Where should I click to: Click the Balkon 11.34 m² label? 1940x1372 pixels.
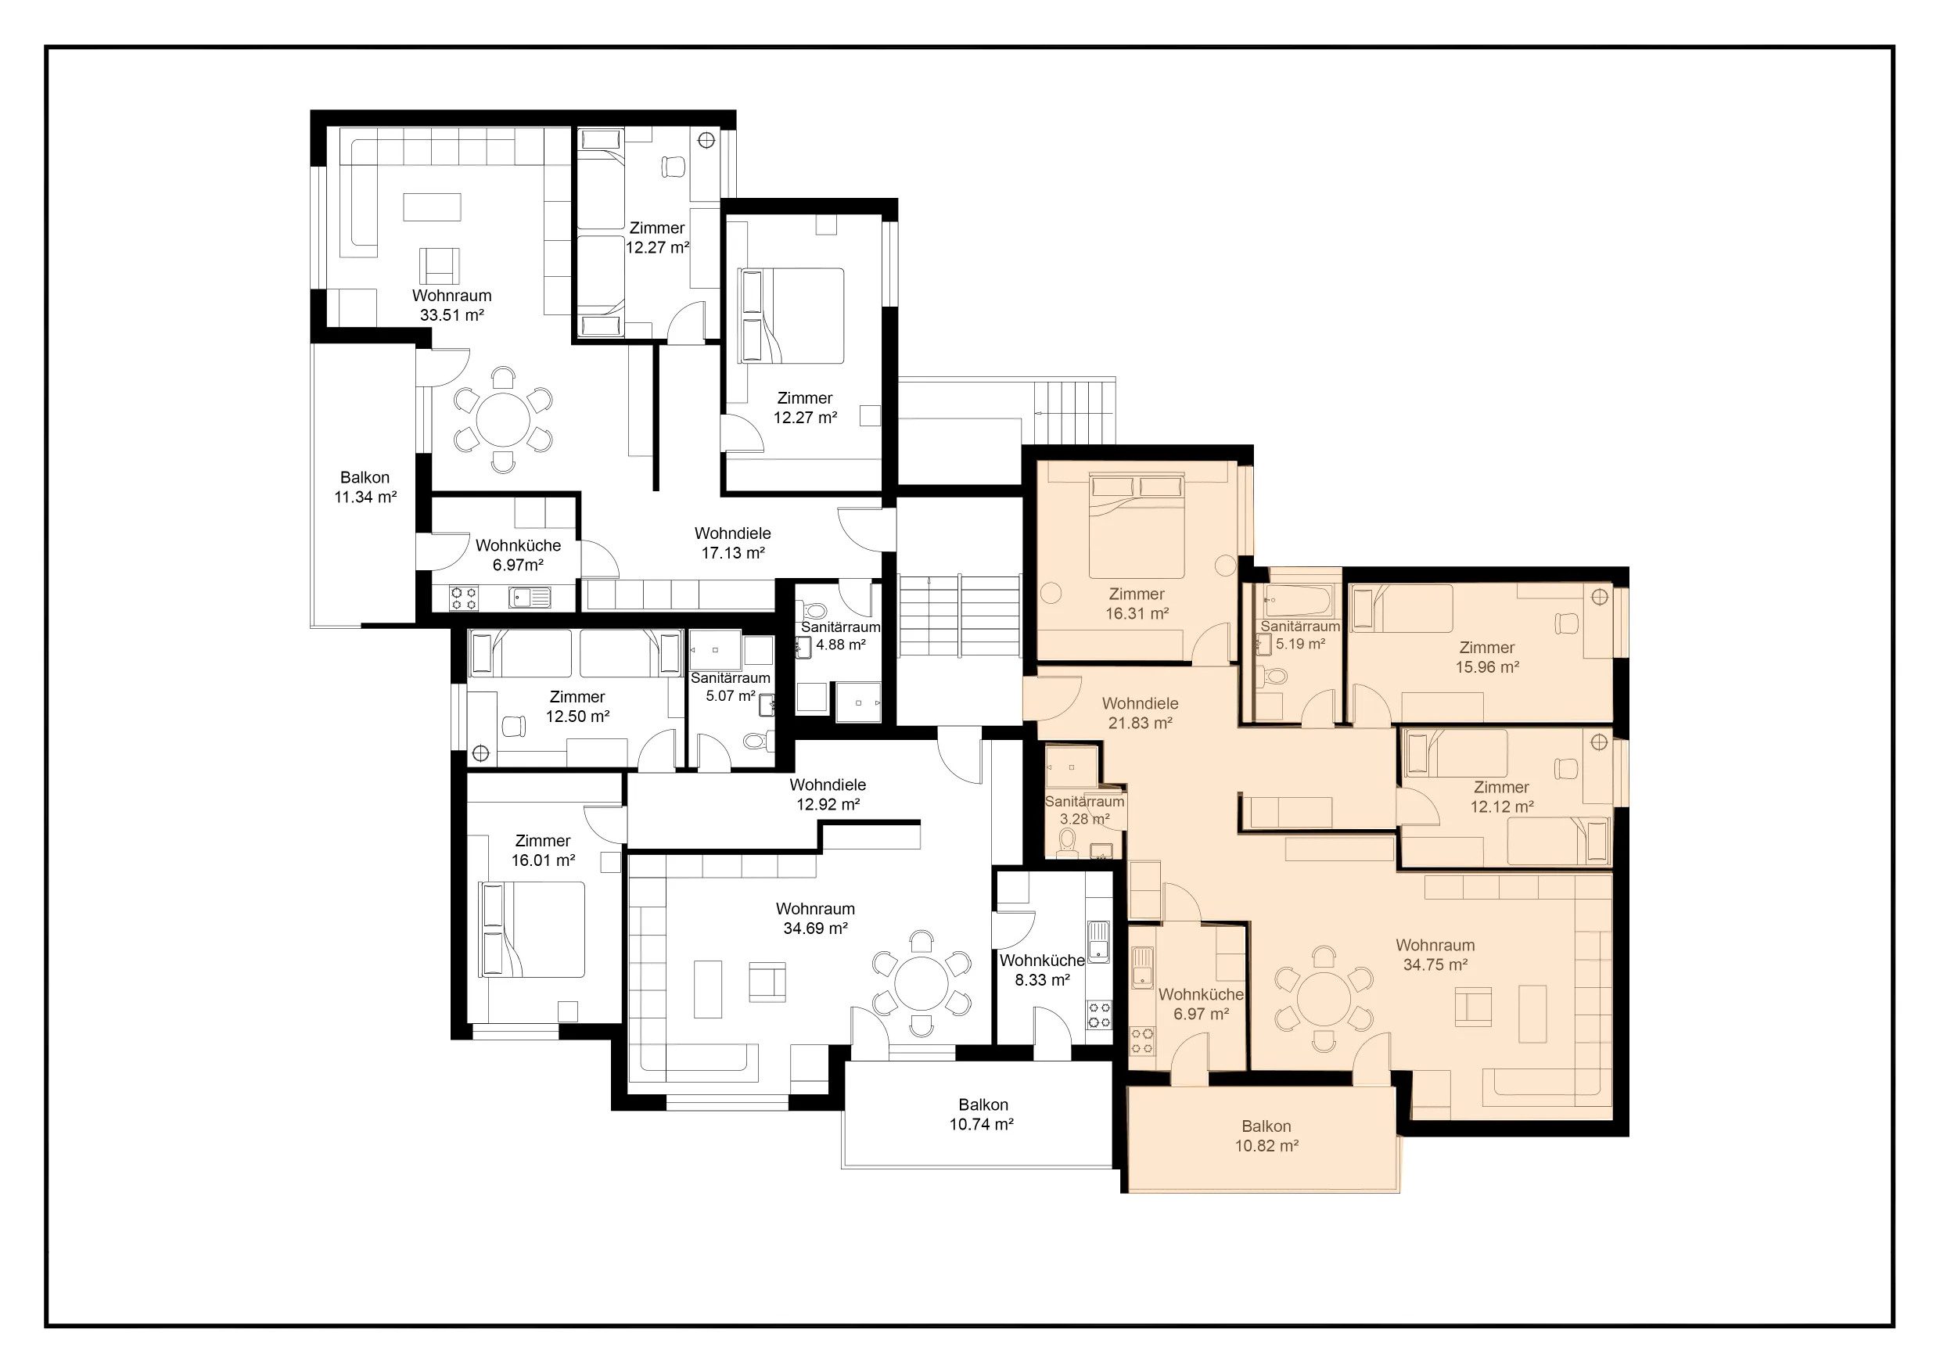click(365, 487)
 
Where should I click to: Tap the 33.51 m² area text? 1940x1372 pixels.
click(452, 315)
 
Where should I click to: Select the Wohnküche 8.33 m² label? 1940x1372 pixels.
click(1042, 970)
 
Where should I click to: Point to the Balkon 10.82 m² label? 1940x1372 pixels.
click(1266, 1137)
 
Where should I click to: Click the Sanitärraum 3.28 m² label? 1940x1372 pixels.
click(1085, 810)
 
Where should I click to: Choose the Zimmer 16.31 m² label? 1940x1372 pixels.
click(1137, 604)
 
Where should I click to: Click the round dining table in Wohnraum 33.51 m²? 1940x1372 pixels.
click(504, 420)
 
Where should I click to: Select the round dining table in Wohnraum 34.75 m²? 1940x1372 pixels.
click(1324, 1000)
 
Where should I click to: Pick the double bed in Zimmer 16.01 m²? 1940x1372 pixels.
click(532, 929)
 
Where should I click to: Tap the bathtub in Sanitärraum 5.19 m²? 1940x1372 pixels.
click(1297, 601)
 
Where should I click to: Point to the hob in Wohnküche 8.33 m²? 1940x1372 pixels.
click(1098, 1015)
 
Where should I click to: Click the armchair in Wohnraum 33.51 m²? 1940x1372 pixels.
click(440, 265)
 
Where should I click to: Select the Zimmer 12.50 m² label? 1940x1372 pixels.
click(577, 706)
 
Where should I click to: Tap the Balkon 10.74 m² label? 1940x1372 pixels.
click(982, 1115)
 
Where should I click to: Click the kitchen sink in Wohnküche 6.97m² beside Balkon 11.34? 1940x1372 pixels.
click(530, 598)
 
